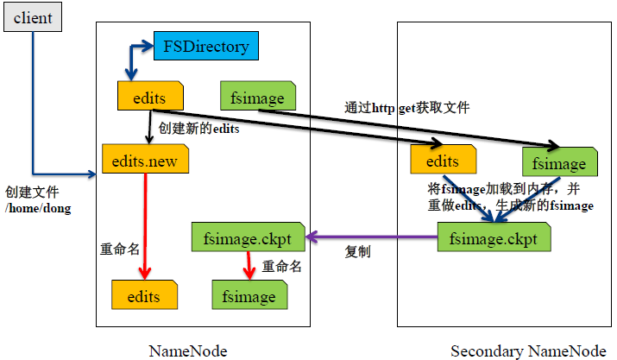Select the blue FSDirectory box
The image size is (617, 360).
[x=205, y=47]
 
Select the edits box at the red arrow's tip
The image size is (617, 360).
[x=144, y=295]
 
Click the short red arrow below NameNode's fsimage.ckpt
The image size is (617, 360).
[x=250, y=266]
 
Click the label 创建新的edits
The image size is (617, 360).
[x=198, y=129]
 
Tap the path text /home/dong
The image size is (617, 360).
[x=39, y=208]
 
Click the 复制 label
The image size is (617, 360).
[x=358, y=252]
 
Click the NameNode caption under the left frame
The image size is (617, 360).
[x=188, y=351]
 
